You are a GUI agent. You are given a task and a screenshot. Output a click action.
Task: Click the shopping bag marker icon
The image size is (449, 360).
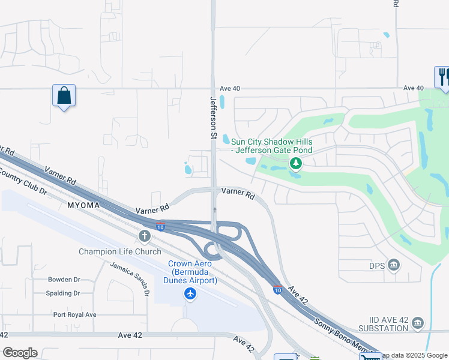point(64,96)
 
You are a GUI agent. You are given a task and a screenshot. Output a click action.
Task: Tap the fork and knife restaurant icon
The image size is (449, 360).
point(442,77)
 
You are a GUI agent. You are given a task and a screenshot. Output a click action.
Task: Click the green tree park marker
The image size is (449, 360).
point(295,163)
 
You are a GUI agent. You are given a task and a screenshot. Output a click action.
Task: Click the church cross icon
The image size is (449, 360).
point(145,237)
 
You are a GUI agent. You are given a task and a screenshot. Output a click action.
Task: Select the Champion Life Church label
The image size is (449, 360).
point(120,251)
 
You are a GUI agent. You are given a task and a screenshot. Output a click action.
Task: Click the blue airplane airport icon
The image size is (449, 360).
point(191,293)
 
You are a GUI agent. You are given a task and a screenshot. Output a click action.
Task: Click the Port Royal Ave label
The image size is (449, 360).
point(74,314)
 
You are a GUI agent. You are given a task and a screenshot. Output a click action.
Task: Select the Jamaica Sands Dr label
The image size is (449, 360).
point(130,279)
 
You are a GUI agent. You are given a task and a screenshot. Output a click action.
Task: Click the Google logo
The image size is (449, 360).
point(20,353)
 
